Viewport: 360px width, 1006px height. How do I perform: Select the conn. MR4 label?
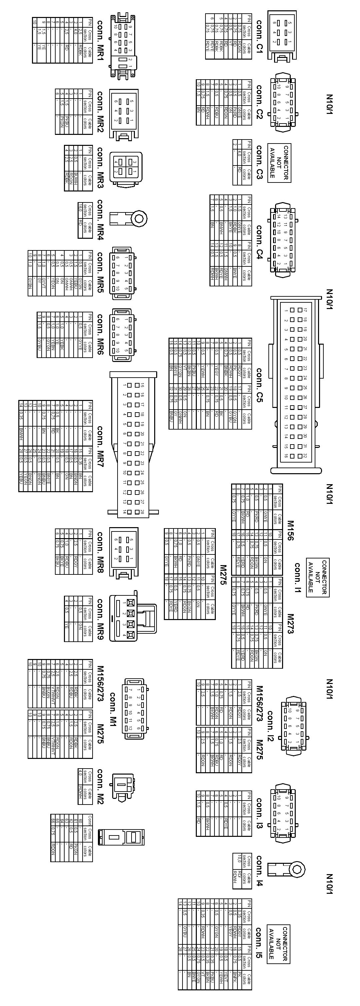click(x=100, y=220)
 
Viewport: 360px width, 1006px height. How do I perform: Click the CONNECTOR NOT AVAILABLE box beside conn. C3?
click(x=279, y=163)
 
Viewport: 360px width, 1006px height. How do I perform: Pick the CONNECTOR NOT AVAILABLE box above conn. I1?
click(x=317, y=577)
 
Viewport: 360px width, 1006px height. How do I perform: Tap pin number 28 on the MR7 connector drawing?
click(x=143, y=511)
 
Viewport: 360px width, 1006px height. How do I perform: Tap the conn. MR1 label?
click(x=100, y=41)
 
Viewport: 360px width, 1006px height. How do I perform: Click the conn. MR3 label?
click(x=100, y=168)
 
